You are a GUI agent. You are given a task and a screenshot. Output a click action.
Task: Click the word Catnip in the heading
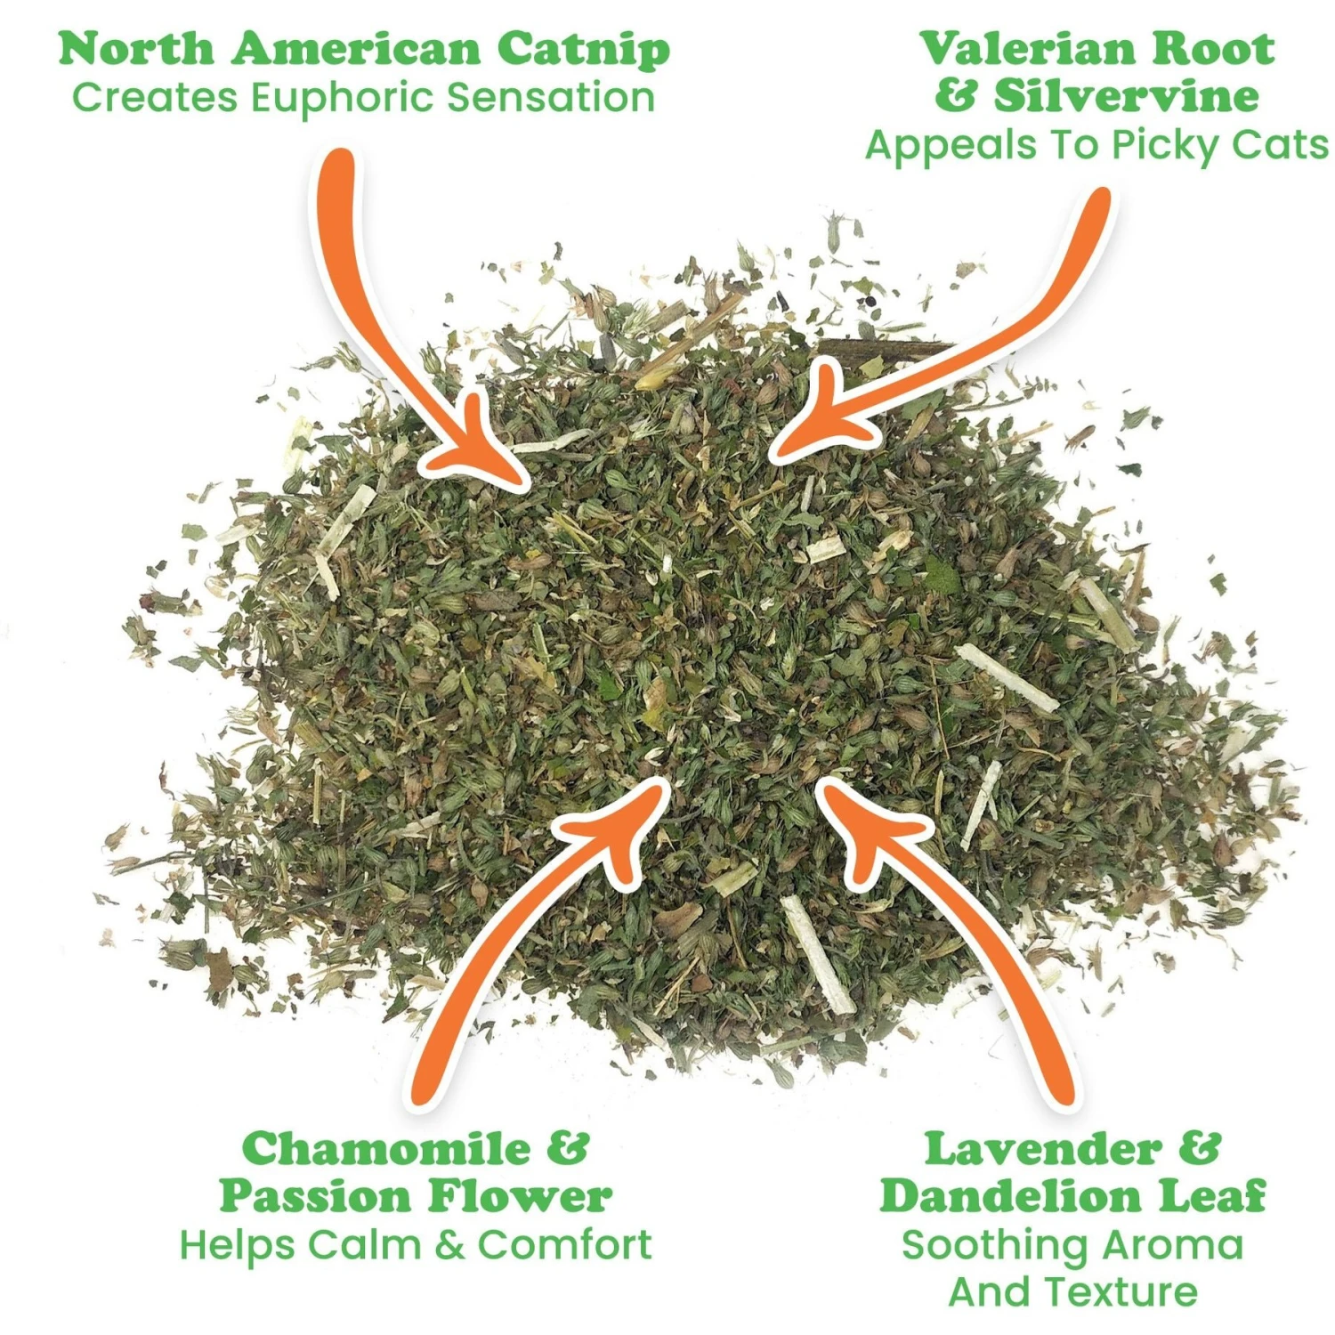click(x=582, y=50)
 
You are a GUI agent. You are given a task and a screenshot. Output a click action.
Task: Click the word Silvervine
click(x=1126, y=95)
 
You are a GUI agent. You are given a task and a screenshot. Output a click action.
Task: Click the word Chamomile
click(x=386, y=1148)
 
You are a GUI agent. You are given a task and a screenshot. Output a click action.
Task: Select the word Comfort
click(x=564, y=1244)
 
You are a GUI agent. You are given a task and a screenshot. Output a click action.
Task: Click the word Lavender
click(x=1042, y=1148)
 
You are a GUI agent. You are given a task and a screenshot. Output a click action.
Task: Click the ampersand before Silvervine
click(x=956, y=95)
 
